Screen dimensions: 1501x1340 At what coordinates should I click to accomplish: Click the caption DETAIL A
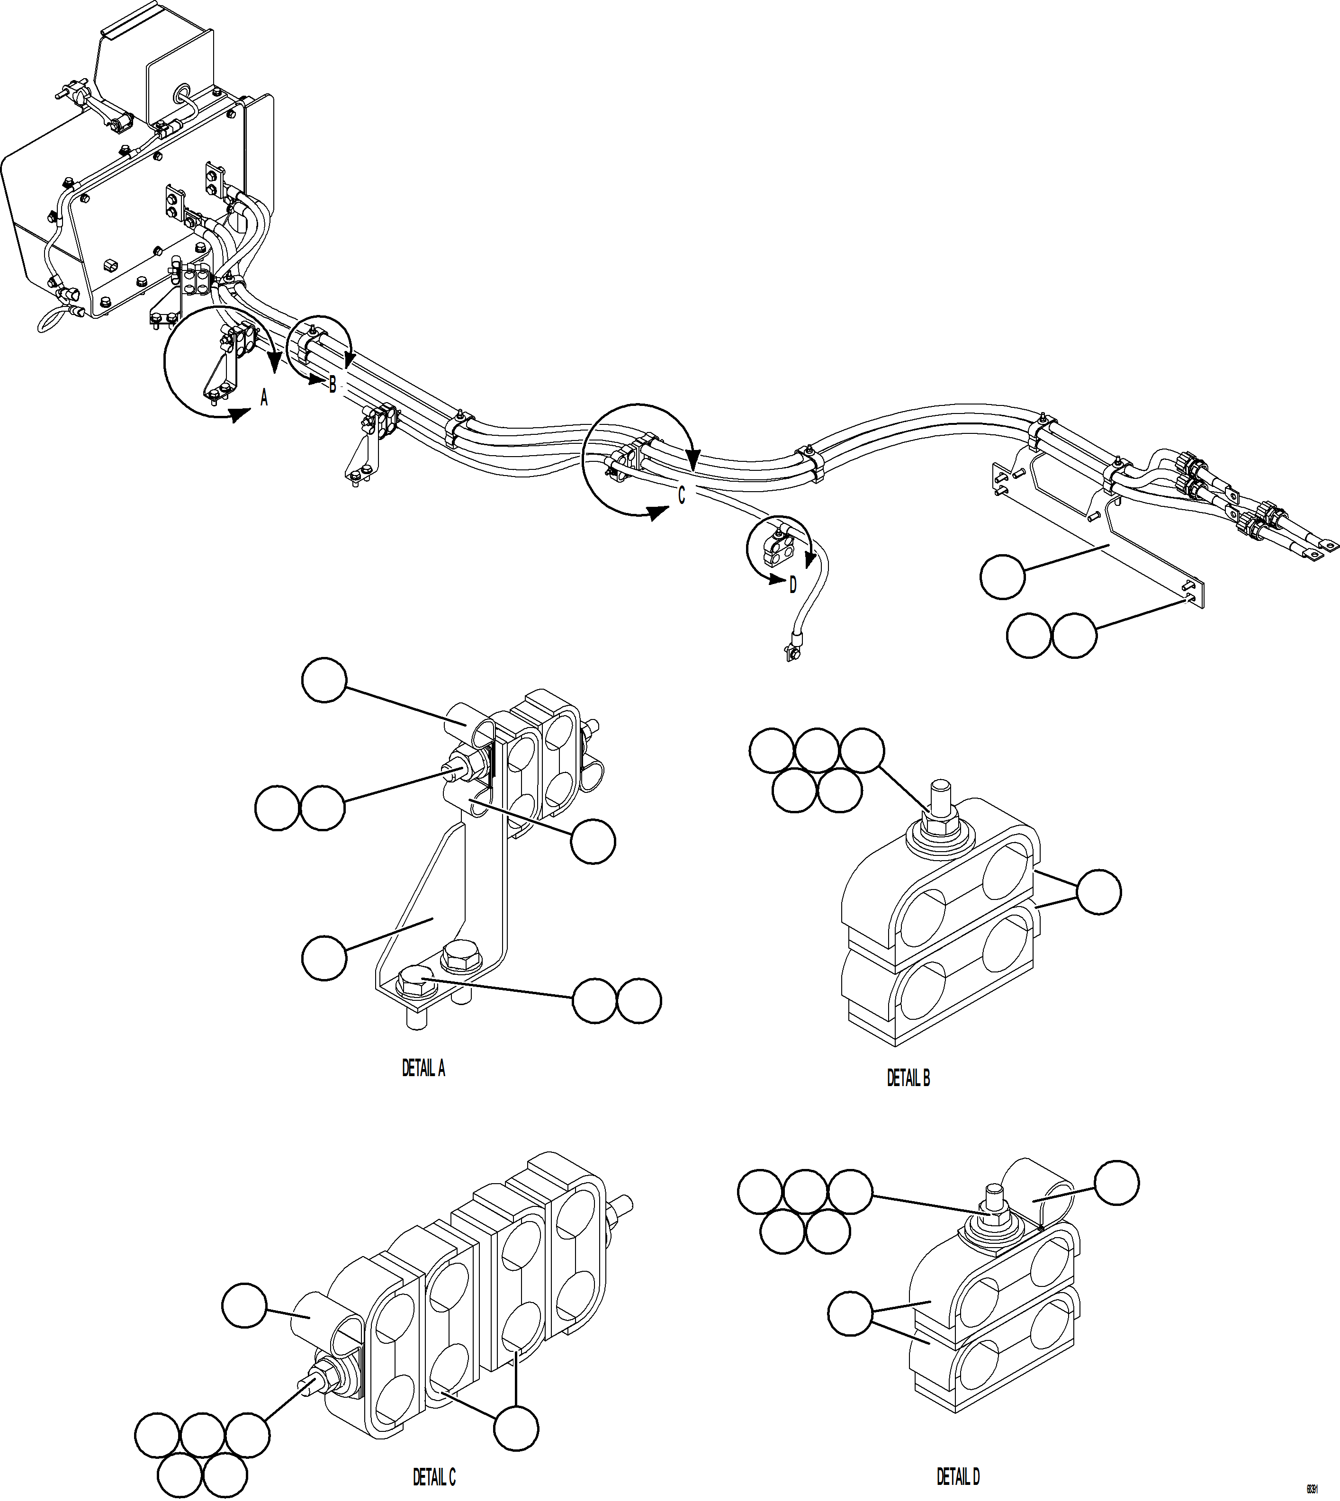coord(423,1068)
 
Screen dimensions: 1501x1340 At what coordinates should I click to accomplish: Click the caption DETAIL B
coord(908,1078)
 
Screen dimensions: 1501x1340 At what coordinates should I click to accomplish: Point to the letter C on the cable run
coord(681,496)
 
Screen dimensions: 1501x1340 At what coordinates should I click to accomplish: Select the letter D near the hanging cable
coord(793,585)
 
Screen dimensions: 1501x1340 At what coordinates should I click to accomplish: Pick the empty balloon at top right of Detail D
coord(1116,1183)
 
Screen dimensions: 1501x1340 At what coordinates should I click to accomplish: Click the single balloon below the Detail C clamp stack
coord(515,1428)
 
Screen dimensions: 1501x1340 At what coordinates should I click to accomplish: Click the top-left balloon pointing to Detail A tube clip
coord(324,681)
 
